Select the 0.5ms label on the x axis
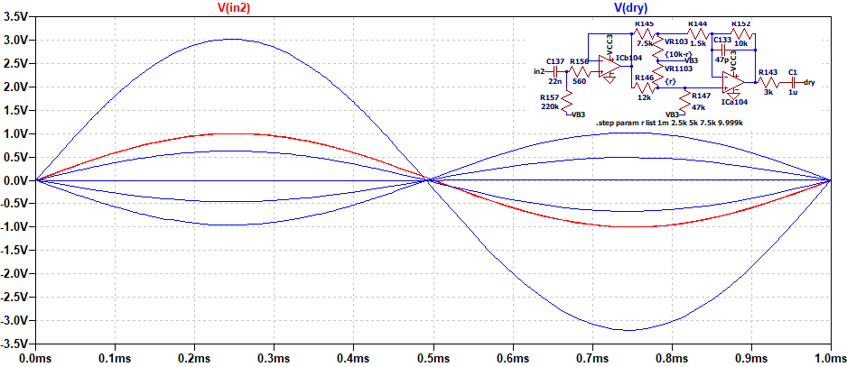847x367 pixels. click(x=432, y=358)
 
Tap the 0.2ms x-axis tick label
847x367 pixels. click(x=193, y=358)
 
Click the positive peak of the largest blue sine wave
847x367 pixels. click(x=233, y=39)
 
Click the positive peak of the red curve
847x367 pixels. click(x=233, y=133)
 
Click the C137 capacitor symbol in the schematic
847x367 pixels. click(x=555, y=70)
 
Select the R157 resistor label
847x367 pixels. click(x=549, y=98)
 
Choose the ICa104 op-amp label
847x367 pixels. click(x=734, y=102)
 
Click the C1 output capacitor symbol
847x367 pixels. click(x=792, y=81)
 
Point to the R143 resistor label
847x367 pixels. click(x=768, y=72)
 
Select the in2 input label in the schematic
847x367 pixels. click(x=539, y=70)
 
